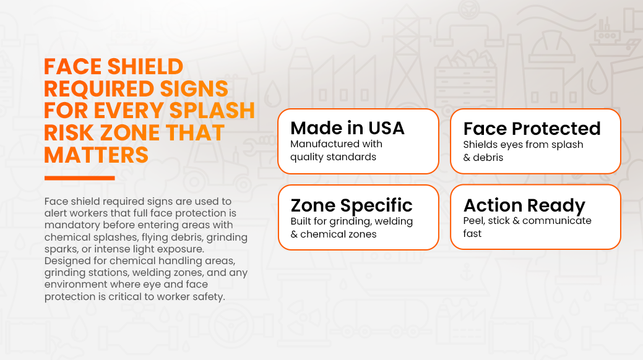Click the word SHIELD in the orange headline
tap(145, 67)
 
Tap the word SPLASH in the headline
tap(212, 111)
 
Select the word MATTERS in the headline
tap(96, 155)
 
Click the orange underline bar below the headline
tap(80, 178)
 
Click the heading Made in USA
tap(347, 128)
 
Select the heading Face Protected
tap(532, 129)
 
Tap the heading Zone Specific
tap(352, 205)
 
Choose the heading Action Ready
tap(525, 205)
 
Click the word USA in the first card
tap(386, 128)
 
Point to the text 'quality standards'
tap(333, 157)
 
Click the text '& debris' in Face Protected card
tap(483, 158)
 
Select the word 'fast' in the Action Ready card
tap(472, 234)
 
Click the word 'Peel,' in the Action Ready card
tap(474, 221)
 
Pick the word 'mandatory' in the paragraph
tap(72, 225)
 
